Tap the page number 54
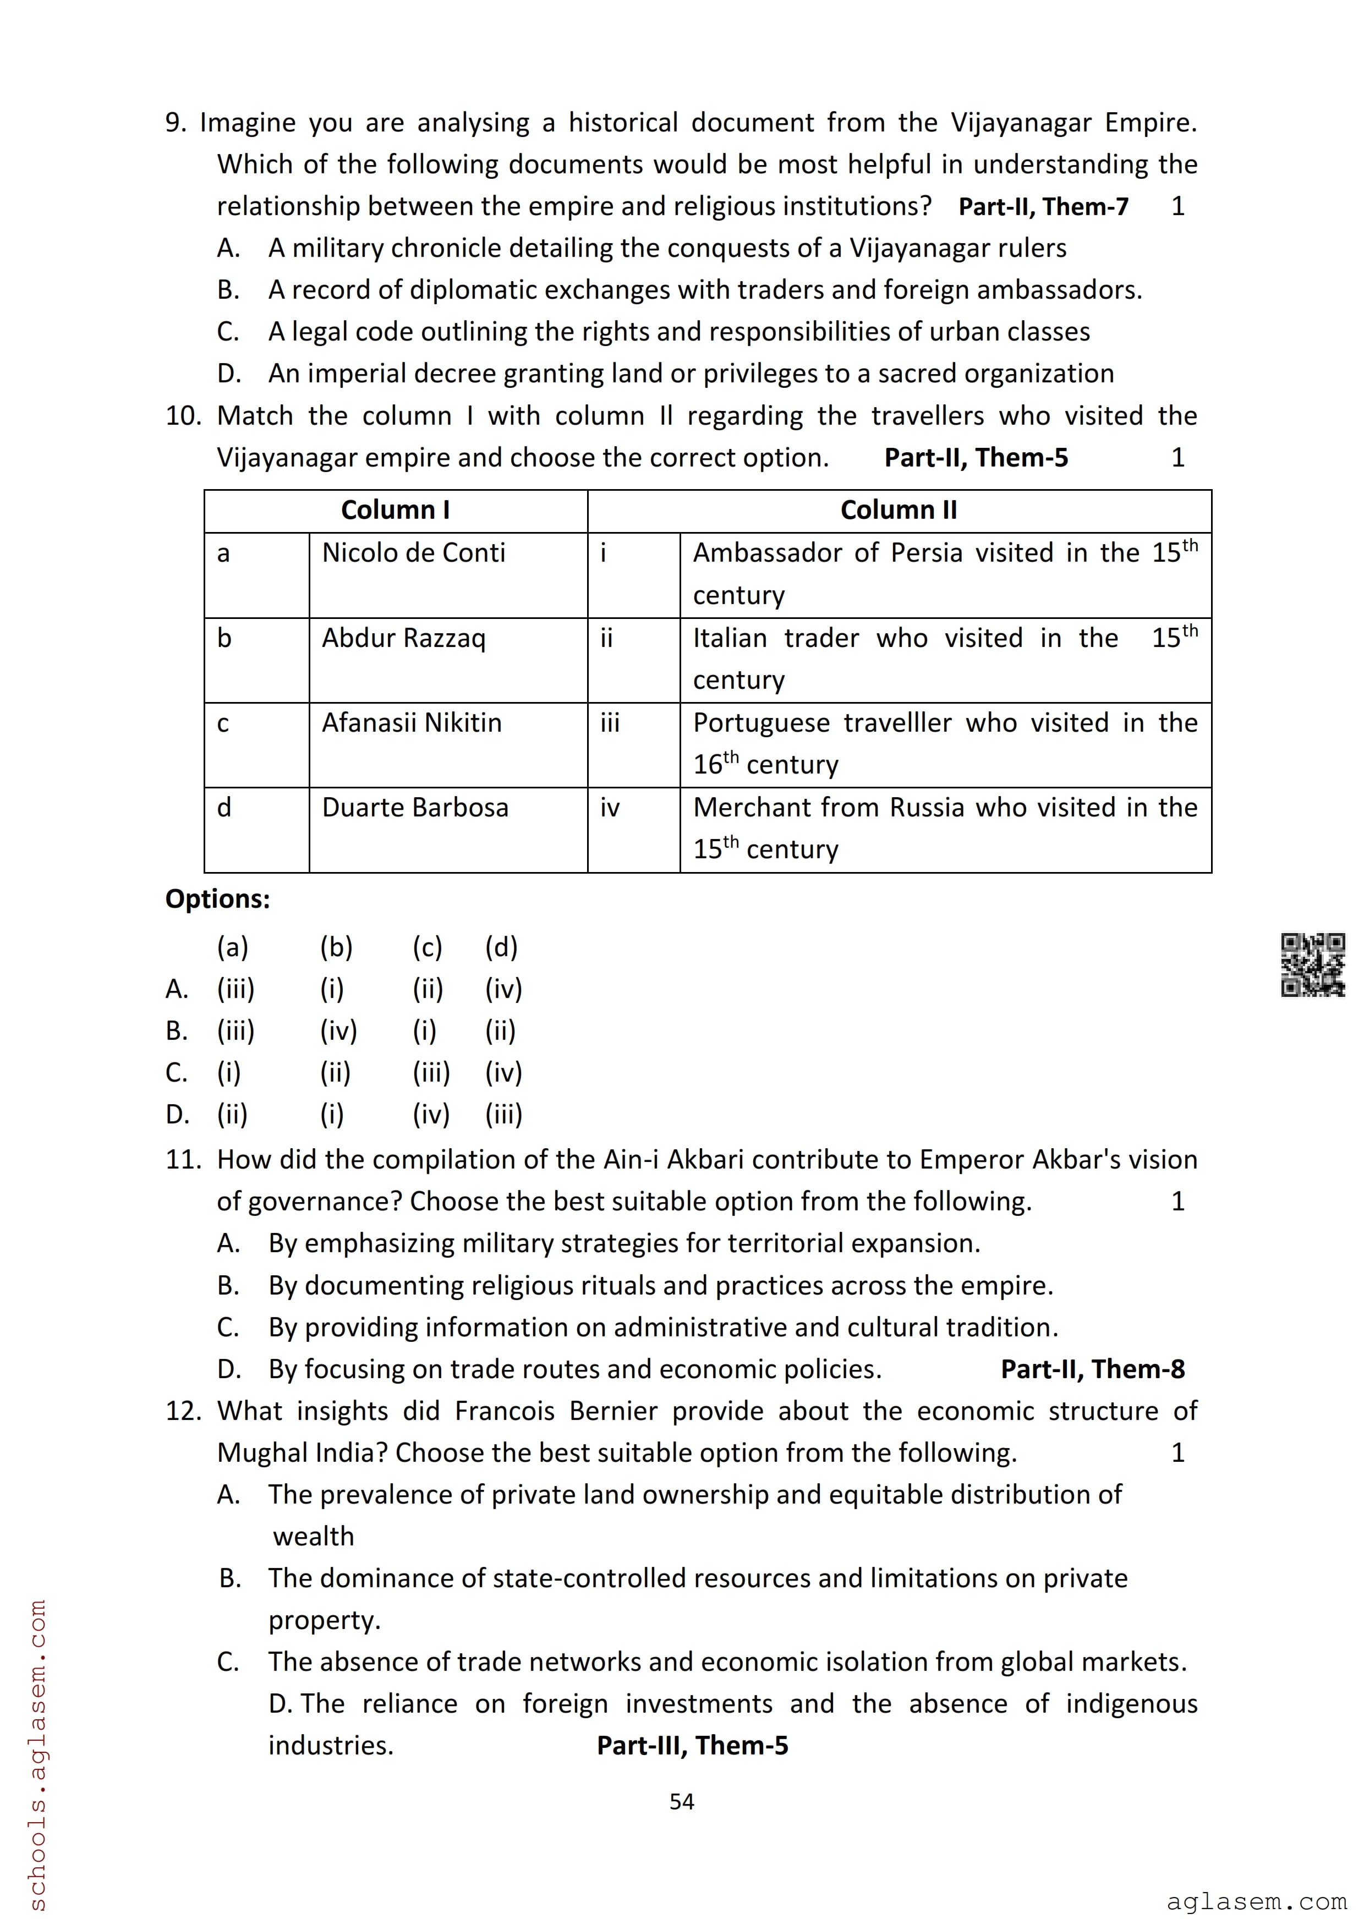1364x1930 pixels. pos(682,1801)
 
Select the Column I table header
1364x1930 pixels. pos(395,510)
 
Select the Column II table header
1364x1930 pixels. pos(899,510)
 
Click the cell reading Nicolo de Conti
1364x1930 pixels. pos(413,553)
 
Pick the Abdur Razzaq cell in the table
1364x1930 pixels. pos(403,638)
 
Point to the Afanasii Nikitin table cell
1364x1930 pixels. pos(411,723)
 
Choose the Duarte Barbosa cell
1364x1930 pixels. pos(415,808)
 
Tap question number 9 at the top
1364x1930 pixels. pos(175,123)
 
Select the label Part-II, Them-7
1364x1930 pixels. pos(1043,207)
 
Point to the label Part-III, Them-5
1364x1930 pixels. pos(693,1745)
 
